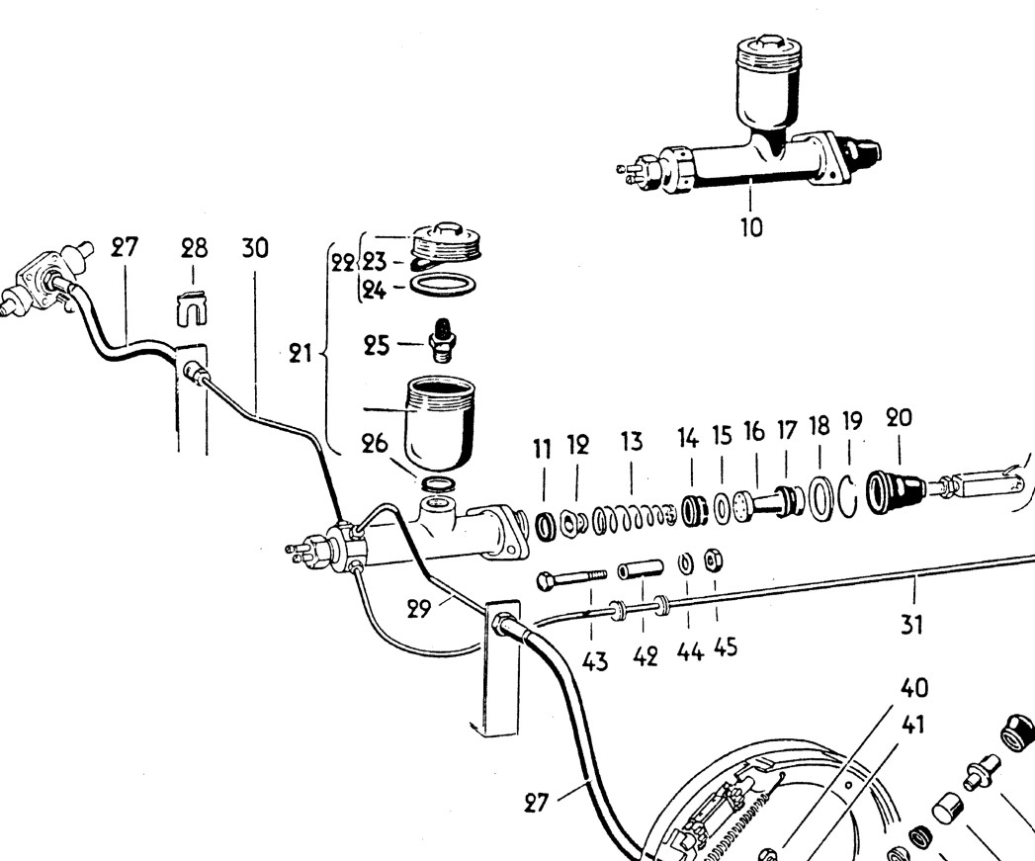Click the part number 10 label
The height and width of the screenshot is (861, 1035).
751,226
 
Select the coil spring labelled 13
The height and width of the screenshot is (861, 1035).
632,516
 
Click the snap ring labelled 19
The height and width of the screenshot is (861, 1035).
848,497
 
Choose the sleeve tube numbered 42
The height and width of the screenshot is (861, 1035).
641,571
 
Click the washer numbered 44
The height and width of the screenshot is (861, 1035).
684,563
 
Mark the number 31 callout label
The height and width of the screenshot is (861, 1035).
913,624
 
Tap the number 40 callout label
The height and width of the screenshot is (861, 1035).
913,686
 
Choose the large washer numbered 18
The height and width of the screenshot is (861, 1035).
819,500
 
